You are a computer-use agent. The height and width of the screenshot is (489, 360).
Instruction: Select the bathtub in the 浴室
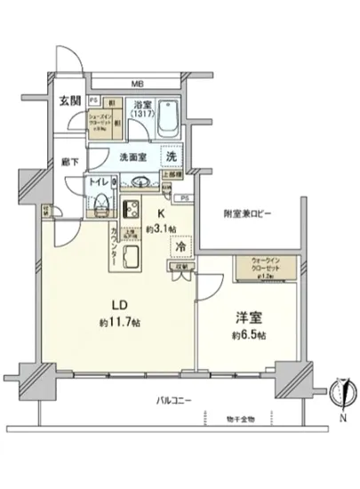(x=170, y=119)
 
